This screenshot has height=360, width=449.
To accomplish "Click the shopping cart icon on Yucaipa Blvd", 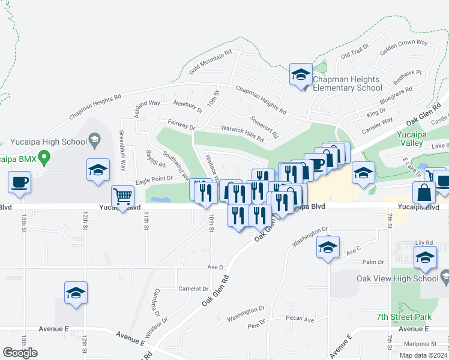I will (x=123, y=196).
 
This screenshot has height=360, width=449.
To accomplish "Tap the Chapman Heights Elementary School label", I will (x=347, y=84).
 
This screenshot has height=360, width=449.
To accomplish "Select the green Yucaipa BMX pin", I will (x=43, y=158).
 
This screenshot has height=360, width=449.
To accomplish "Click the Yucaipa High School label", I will (x=49, y=142).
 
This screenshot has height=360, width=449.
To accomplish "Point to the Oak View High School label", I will (x=405, y=278).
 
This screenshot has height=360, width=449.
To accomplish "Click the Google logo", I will (x=20, y=353).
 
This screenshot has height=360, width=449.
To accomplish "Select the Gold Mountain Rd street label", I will (x=210, y=62).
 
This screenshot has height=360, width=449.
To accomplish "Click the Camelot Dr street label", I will (x=193, y=289).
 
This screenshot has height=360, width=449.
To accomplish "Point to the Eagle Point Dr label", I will (x=154, y=179).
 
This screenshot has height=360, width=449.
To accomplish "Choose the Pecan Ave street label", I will (x=300, y=319).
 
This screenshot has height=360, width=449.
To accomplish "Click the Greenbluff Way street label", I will (x=122, y=151).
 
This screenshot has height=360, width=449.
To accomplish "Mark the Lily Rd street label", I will (x=426, y=244).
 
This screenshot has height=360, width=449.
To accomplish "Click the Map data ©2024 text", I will (x=422, y=355).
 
